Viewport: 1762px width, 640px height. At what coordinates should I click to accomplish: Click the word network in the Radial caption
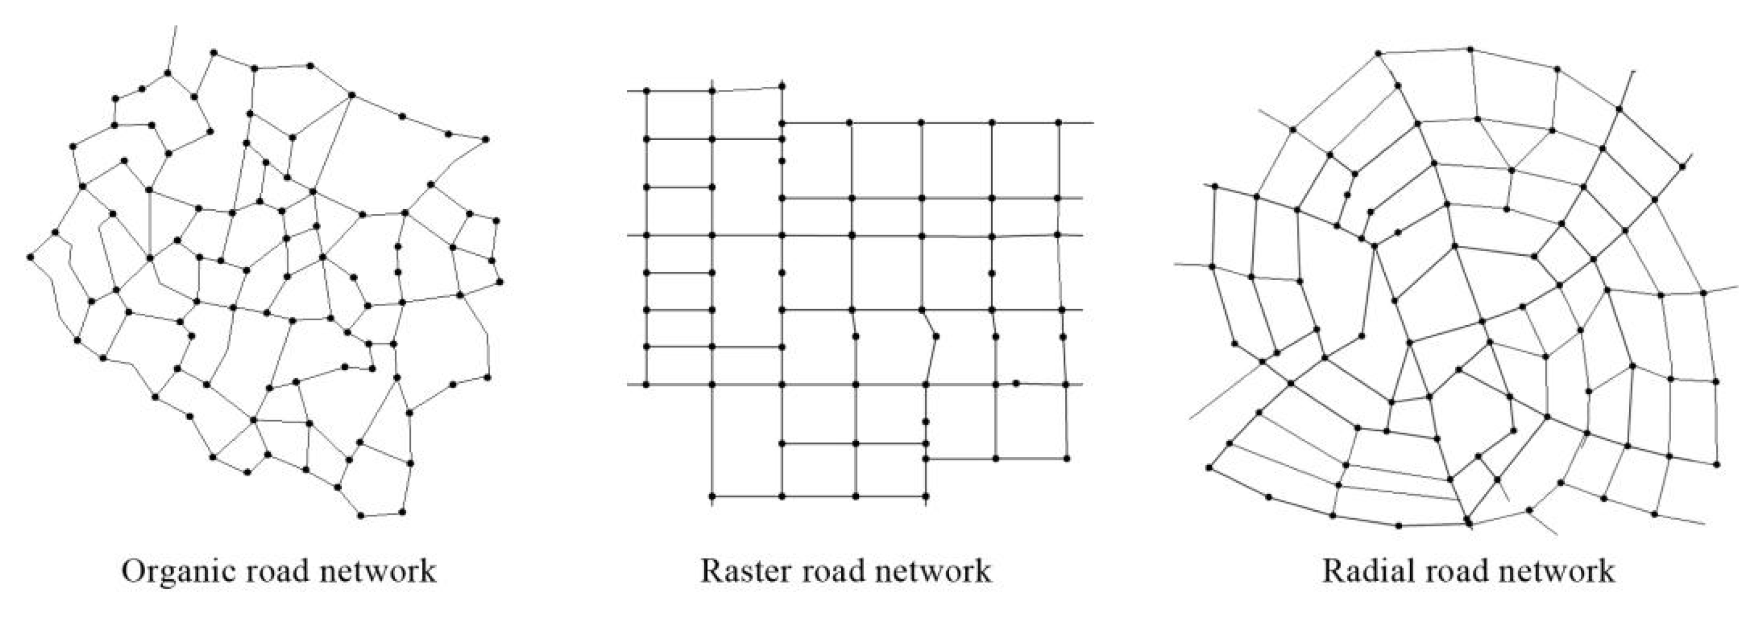click(x=1557, y=571)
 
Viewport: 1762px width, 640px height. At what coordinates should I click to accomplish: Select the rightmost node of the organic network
click(x=500, y=281)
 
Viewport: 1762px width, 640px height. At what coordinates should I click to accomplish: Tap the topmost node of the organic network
click(x=214, y=52)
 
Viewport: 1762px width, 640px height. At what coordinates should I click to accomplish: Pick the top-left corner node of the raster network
click(x=646, y=91)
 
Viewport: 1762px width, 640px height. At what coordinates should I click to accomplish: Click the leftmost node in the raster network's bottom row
click(x=712, y=496)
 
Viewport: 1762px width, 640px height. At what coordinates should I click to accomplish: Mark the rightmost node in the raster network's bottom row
click(x=926, y=496)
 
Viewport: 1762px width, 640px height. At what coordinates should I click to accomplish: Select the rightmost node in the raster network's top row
click(x=782, y=86)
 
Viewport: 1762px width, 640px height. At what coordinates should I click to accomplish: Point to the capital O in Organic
click(x=133, y=571)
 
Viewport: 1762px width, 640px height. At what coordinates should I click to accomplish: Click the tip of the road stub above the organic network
click(x=176, y=27)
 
